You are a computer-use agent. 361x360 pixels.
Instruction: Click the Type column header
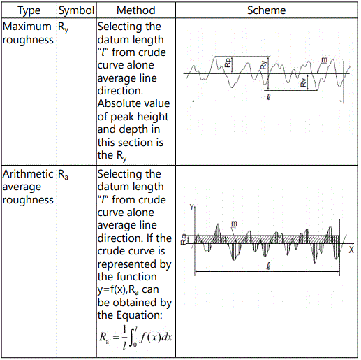[29, 10]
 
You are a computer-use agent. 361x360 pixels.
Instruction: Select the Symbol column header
[76, 10]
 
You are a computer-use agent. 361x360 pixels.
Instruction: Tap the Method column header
[136, 10]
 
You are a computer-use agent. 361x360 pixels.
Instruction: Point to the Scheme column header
[267, 10]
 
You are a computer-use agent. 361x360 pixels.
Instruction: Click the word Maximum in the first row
[27, 27]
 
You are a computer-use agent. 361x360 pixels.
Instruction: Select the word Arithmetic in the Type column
[28, 174]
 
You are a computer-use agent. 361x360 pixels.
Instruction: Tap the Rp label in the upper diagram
[228, 62]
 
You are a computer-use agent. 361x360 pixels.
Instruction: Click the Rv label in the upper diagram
[303, 82]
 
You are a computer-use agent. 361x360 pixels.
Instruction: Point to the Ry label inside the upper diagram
[263, 65]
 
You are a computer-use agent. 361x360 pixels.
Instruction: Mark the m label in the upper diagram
[324, 60]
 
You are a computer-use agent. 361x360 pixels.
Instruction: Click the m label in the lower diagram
[234, 224]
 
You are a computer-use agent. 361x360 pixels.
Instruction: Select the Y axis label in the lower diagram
[192, 207]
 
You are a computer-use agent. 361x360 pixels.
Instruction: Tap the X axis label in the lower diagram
[351, 250]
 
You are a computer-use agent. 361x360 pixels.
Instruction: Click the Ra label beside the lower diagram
[184, 239]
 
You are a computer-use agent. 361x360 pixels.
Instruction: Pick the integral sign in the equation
[133, 337]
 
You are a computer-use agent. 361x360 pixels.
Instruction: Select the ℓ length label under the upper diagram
[268, 96]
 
